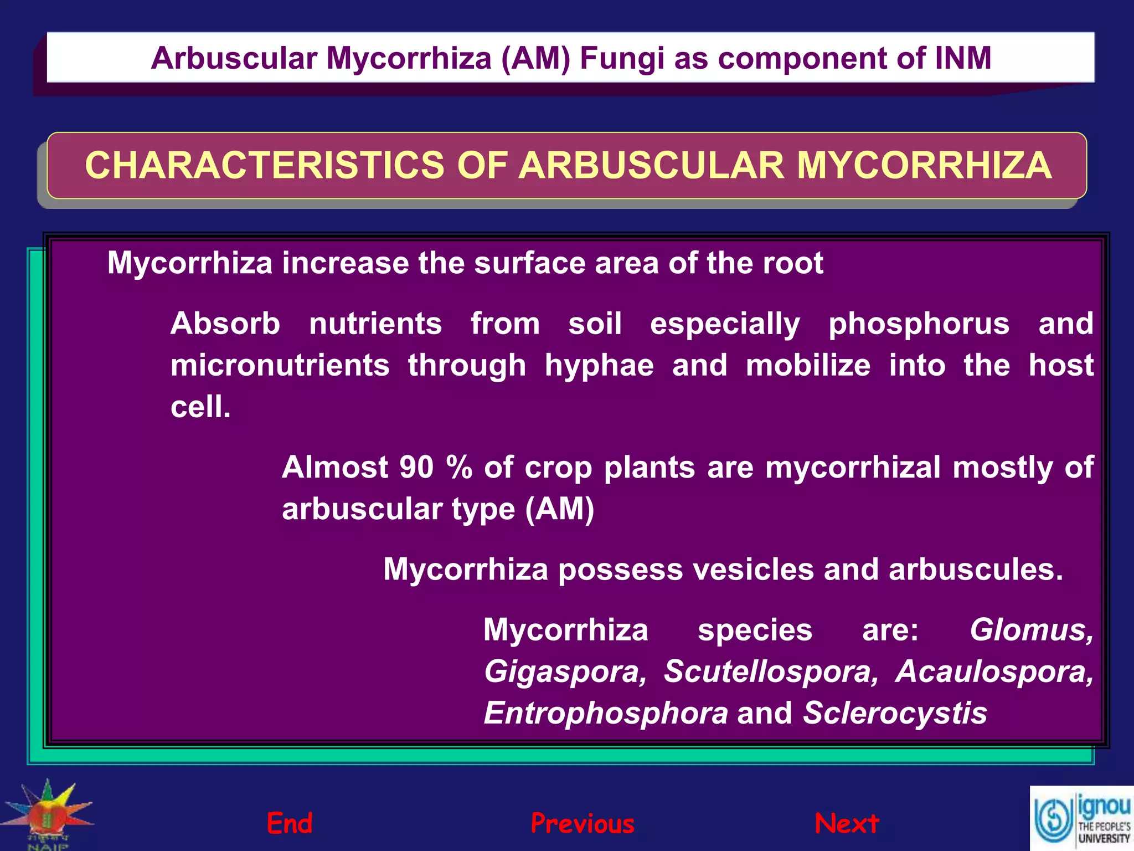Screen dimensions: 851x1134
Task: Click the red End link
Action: [290, 823]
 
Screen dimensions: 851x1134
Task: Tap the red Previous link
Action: [583, 824]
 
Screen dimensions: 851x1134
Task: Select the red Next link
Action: [847, 824]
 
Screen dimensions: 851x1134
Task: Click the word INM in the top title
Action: [962, 58]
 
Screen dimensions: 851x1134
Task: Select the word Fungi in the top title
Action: [622, 58]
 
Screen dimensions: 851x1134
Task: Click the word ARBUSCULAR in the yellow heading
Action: [651, 165]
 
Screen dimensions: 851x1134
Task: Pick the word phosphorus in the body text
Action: [919, 324]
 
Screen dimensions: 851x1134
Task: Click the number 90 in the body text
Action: [416, 467]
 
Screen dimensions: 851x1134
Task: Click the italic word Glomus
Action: [1030, 630]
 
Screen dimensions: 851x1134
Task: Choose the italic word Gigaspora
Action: [565, 671]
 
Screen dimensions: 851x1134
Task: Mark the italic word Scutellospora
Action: [770, 671]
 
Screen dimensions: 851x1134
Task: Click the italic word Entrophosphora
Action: [606, 713]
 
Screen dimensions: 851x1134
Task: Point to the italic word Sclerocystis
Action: [895, 713]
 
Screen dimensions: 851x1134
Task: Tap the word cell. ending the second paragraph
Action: [200, 407]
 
